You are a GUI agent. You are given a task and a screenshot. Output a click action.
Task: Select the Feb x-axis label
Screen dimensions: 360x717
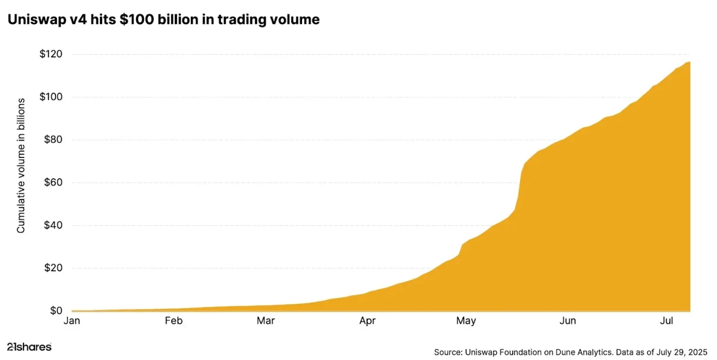click(x=174, y=321)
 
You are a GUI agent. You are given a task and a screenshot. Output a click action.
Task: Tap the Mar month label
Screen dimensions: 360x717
click(x=266, y=321)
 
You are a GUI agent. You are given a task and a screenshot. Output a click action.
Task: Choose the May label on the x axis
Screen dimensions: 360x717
click(x=466, y=321)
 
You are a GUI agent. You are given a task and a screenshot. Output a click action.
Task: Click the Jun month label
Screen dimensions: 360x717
click(x=568, y=321)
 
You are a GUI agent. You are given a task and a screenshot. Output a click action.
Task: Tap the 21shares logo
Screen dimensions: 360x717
click(x=29, y=347)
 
